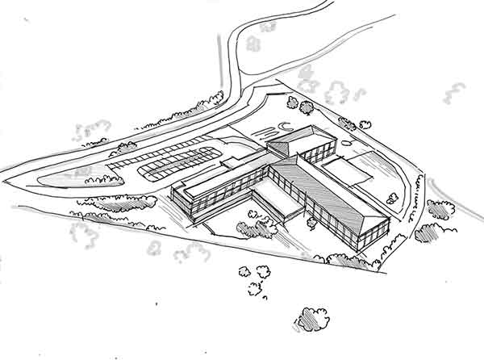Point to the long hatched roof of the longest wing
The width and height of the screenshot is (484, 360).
click(331, 189)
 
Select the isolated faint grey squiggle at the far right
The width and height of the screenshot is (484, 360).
click(454, 92)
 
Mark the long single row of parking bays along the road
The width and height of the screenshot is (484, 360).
click(161, 150)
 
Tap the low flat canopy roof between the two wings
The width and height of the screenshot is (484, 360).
click(265, 194)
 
